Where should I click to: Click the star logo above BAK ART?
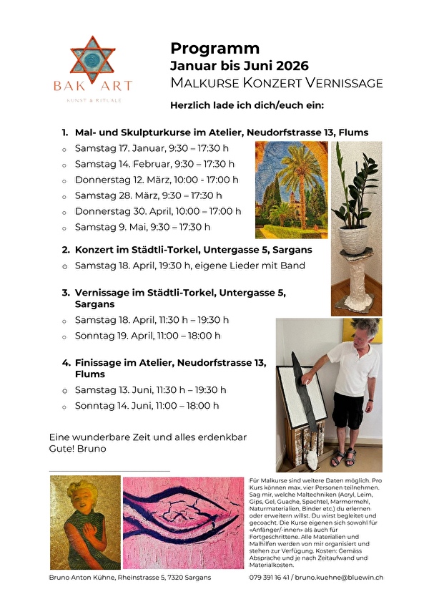point(92,59)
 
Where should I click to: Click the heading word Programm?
point(214,49)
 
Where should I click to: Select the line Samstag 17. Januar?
point(152,148)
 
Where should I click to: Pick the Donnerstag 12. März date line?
point(157,180)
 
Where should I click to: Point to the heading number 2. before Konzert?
point(66,250)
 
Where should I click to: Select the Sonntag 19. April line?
point(147,335)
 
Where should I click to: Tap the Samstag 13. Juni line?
point(150,390)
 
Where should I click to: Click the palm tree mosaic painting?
point(290,189)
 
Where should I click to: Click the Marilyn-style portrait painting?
point(84,522)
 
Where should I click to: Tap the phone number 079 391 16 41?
point(270,577)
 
